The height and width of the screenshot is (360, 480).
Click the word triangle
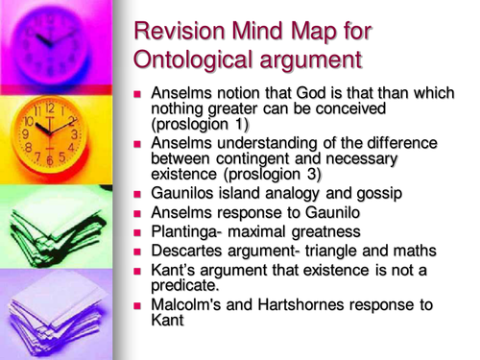pos(334,251)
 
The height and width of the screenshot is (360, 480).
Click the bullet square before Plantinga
pos(139,231)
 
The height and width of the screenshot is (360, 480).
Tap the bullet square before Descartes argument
pos(139,251)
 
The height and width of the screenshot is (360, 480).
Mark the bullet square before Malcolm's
pos(139,305)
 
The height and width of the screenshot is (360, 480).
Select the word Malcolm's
pos(189,304)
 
